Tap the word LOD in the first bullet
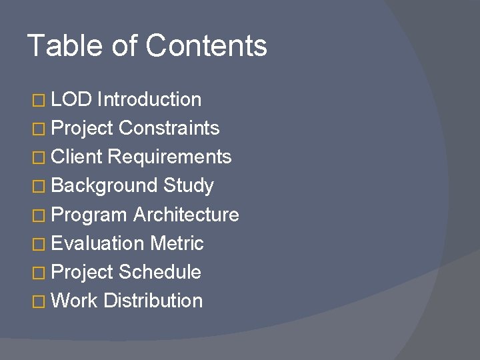point(71,100)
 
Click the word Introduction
point(149,100)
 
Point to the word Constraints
point(169,128)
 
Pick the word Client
point(77,157)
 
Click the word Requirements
point(169,157)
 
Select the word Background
point(104,186)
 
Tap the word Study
point(188,186)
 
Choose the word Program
point(89,215)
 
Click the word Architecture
point(186,215)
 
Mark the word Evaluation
point(97,243)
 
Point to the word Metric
point(177,243)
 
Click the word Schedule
point(159,272)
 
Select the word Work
point(74,301)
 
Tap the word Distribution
point(153,301)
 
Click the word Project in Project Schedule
point(81,273)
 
